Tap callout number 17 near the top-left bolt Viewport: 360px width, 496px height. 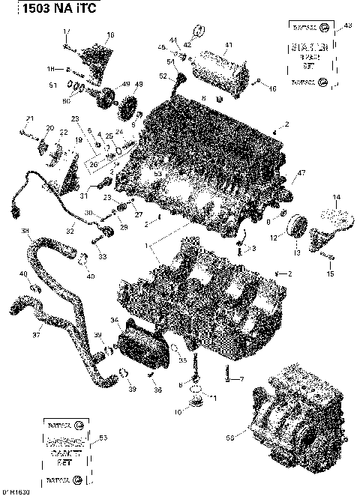[66, 31]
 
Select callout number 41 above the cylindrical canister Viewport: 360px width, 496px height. [229, 45]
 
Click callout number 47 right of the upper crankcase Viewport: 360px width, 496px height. [301, 174]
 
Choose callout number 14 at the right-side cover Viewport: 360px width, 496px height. [335, 198]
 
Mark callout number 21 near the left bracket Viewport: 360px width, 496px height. [30, 119]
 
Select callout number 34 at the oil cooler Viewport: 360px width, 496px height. [115, 320]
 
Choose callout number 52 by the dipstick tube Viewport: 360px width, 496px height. [163, 76]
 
